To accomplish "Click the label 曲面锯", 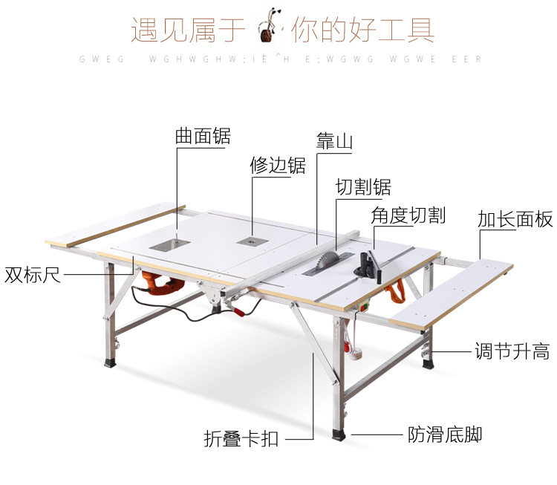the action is pos(203,135).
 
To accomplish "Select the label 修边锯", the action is pos(277,165).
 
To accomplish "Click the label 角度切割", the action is pos(408,215).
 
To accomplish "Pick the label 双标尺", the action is pos(32,275).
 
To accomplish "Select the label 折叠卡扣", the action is pos(241,438).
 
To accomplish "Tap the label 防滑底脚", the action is pos(444,434).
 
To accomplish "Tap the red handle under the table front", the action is pos(239,310).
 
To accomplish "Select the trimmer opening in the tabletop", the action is pos(249,240).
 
